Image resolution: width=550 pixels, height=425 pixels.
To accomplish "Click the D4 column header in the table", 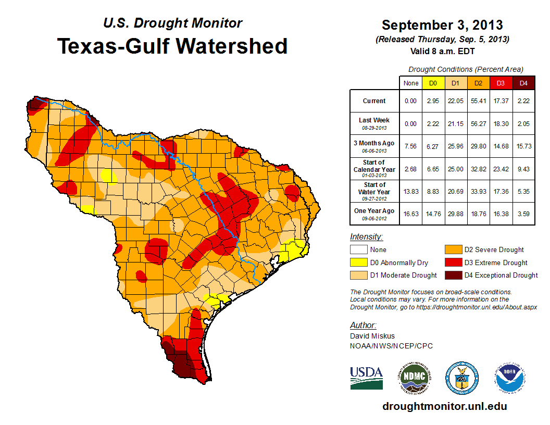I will tap(523, 83).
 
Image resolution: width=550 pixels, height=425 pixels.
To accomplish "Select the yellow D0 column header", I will tap(433, 83).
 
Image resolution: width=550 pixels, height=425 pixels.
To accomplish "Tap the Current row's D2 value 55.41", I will tap(478, 101).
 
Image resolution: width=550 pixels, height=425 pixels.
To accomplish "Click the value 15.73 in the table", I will tap(523, 146).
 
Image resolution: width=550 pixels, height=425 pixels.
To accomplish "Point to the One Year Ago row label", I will tap(374, 211).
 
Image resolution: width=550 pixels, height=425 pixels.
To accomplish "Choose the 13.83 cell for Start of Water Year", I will tap(410, 191).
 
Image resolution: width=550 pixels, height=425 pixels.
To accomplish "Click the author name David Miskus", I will tap(372, 336).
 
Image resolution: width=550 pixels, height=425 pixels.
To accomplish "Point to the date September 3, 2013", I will tap(442, 25).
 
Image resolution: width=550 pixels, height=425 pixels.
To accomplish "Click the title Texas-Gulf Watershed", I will tap(172, 46).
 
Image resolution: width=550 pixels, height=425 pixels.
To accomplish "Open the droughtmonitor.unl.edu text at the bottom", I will tap(444, 406).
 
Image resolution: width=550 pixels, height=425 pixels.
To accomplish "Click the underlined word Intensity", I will tap(366, 237).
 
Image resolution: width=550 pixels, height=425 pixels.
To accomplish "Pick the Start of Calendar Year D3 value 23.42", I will tap(501, 169).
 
